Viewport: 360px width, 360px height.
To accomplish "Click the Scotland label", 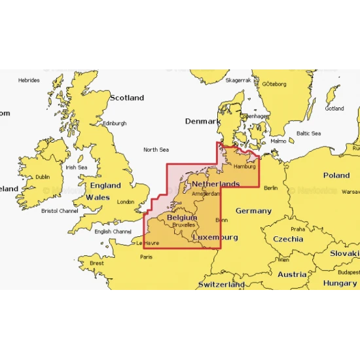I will (x=126, y=98).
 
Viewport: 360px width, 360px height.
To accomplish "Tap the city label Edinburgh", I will (x=115, y=123).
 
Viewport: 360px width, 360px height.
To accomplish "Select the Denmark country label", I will (x=203, y=122).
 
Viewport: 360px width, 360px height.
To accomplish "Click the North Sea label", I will (x=156, y=150).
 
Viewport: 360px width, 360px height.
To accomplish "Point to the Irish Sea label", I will (x=76, y=168).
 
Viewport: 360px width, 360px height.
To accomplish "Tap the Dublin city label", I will (x=43, y=177).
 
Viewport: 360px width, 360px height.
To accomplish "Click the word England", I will (x=105, y=186).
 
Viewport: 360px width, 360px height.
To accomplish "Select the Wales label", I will (x=98, y=197).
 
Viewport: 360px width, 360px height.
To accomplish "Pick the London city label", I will (x=125, y=202).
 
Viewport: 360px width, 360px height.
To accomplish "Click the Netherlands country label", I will (x=215, y=185).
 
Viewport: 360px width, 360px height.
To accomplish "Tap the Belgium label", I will (x=181, y=217).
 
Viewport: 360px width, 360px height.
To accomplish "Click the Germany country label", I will (x=253, y=211).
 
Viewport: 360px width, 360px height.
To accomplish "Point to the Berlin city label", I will (x=270, y=188).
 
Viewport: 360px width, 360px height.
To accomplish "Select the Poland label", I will (x=336, y=175).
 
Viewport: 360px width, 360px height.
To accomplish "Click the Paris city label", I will (x=147, y=257).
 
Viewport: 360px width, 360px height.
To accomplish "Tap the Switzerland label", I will (x=221, y=285).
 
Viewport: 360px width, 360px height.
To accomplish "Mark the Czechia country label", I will (x=288, y=239).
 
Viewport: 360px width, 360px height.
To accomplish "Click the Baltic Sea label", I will (x=308, y=134).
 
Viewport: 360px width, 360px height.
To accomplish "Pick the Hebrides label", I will (x=29, y=81).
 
